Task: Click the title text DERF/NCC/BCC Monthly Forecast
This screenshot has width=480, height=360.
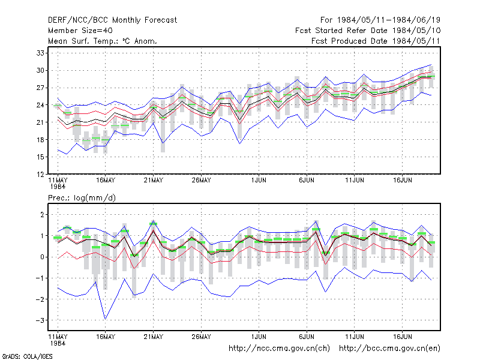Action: point(112,20)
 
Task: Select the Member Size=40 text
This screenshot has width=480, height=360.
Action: point(80,31)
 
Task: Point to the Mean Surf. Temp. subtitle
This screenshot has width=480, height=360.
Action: point(103,41)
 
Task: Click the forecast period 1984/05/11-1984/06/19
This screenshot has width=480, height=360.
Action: point(380,20)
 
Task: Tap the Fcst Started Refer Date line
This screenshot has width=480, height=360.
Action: point(368,31)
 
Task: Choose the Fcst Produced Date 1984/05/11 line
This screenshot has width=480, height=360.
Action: point(376,41)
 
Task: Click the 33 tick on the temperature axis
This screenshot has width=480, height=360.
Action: point(40,53)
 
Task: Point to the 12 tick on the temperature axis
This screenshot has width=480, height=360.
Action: point(40,174)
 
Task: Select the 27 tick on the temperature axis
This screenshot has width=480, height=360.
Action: point(40,88)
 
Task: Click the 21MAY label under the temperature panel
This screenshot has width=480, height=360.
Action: point(154,181)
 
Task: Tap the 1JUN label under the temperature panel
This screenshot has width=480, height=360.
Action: point(259,181)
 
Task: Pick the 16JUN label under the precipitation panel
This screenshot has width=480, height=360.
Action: point(402,337)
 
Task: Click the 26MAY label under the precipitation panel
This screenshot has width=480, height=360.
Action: point(201,337)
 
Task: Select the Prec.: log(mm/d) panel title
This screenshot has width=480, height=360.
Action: point(82,198)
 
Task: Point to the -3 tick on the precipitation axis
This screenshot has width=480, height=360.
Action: point(40,320)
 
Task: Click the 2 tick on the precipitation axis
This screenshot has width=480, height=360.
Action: point(42,215)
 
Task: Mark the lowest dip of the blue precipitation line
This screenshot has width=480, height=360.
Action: point(106,319)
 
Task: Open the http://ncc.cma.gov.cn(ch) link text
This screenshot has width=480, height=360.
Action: point(279,349)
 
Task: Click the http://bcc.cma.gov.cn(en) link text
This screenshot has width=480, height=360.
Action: point(389,349)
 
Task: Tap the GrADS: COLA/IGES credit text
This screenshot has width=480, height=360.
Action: point(28,356)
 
